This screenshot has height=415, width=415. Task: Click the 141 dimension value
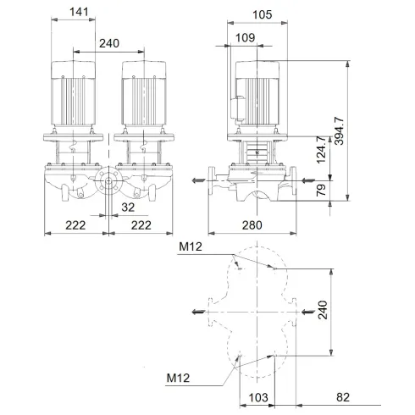click(78, 12)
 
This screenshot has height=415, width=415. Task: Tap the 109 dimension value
click(245, 37)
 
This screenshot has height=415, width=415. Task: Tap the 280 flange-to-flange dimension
click(253, 225)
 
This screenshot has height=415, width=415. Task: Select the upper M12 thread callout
click(191, 248)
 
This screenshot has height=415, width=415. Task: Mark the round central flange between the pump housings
click(109, 182)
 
